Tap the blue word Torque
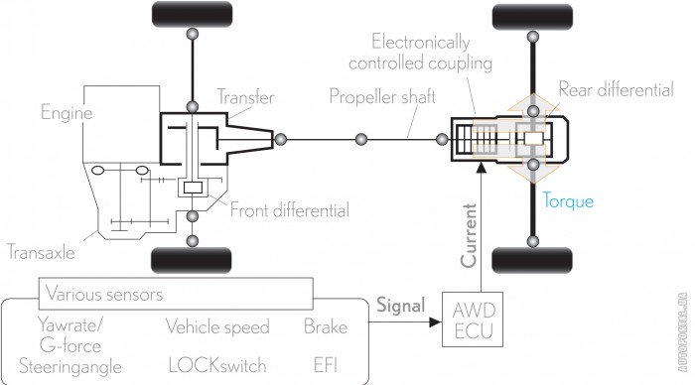568,201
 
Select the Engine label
67,112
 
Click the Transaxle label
41,252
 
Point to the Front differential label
290,210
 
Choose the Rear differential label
617,89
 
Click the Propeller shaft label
382,96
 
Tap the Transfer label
245,96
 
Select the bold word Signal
401,306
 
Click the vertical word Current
469,236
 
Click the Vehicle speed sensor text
217,327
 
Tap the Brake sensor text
326,327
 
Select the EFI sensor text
326,365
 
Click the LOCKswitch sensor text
217,365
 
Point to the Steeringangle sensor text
70,367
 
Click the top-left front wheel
192,14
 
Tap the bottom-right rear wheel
532,260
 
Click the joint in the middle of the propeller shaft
361,140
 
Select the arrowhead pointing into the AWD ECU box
435,322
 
